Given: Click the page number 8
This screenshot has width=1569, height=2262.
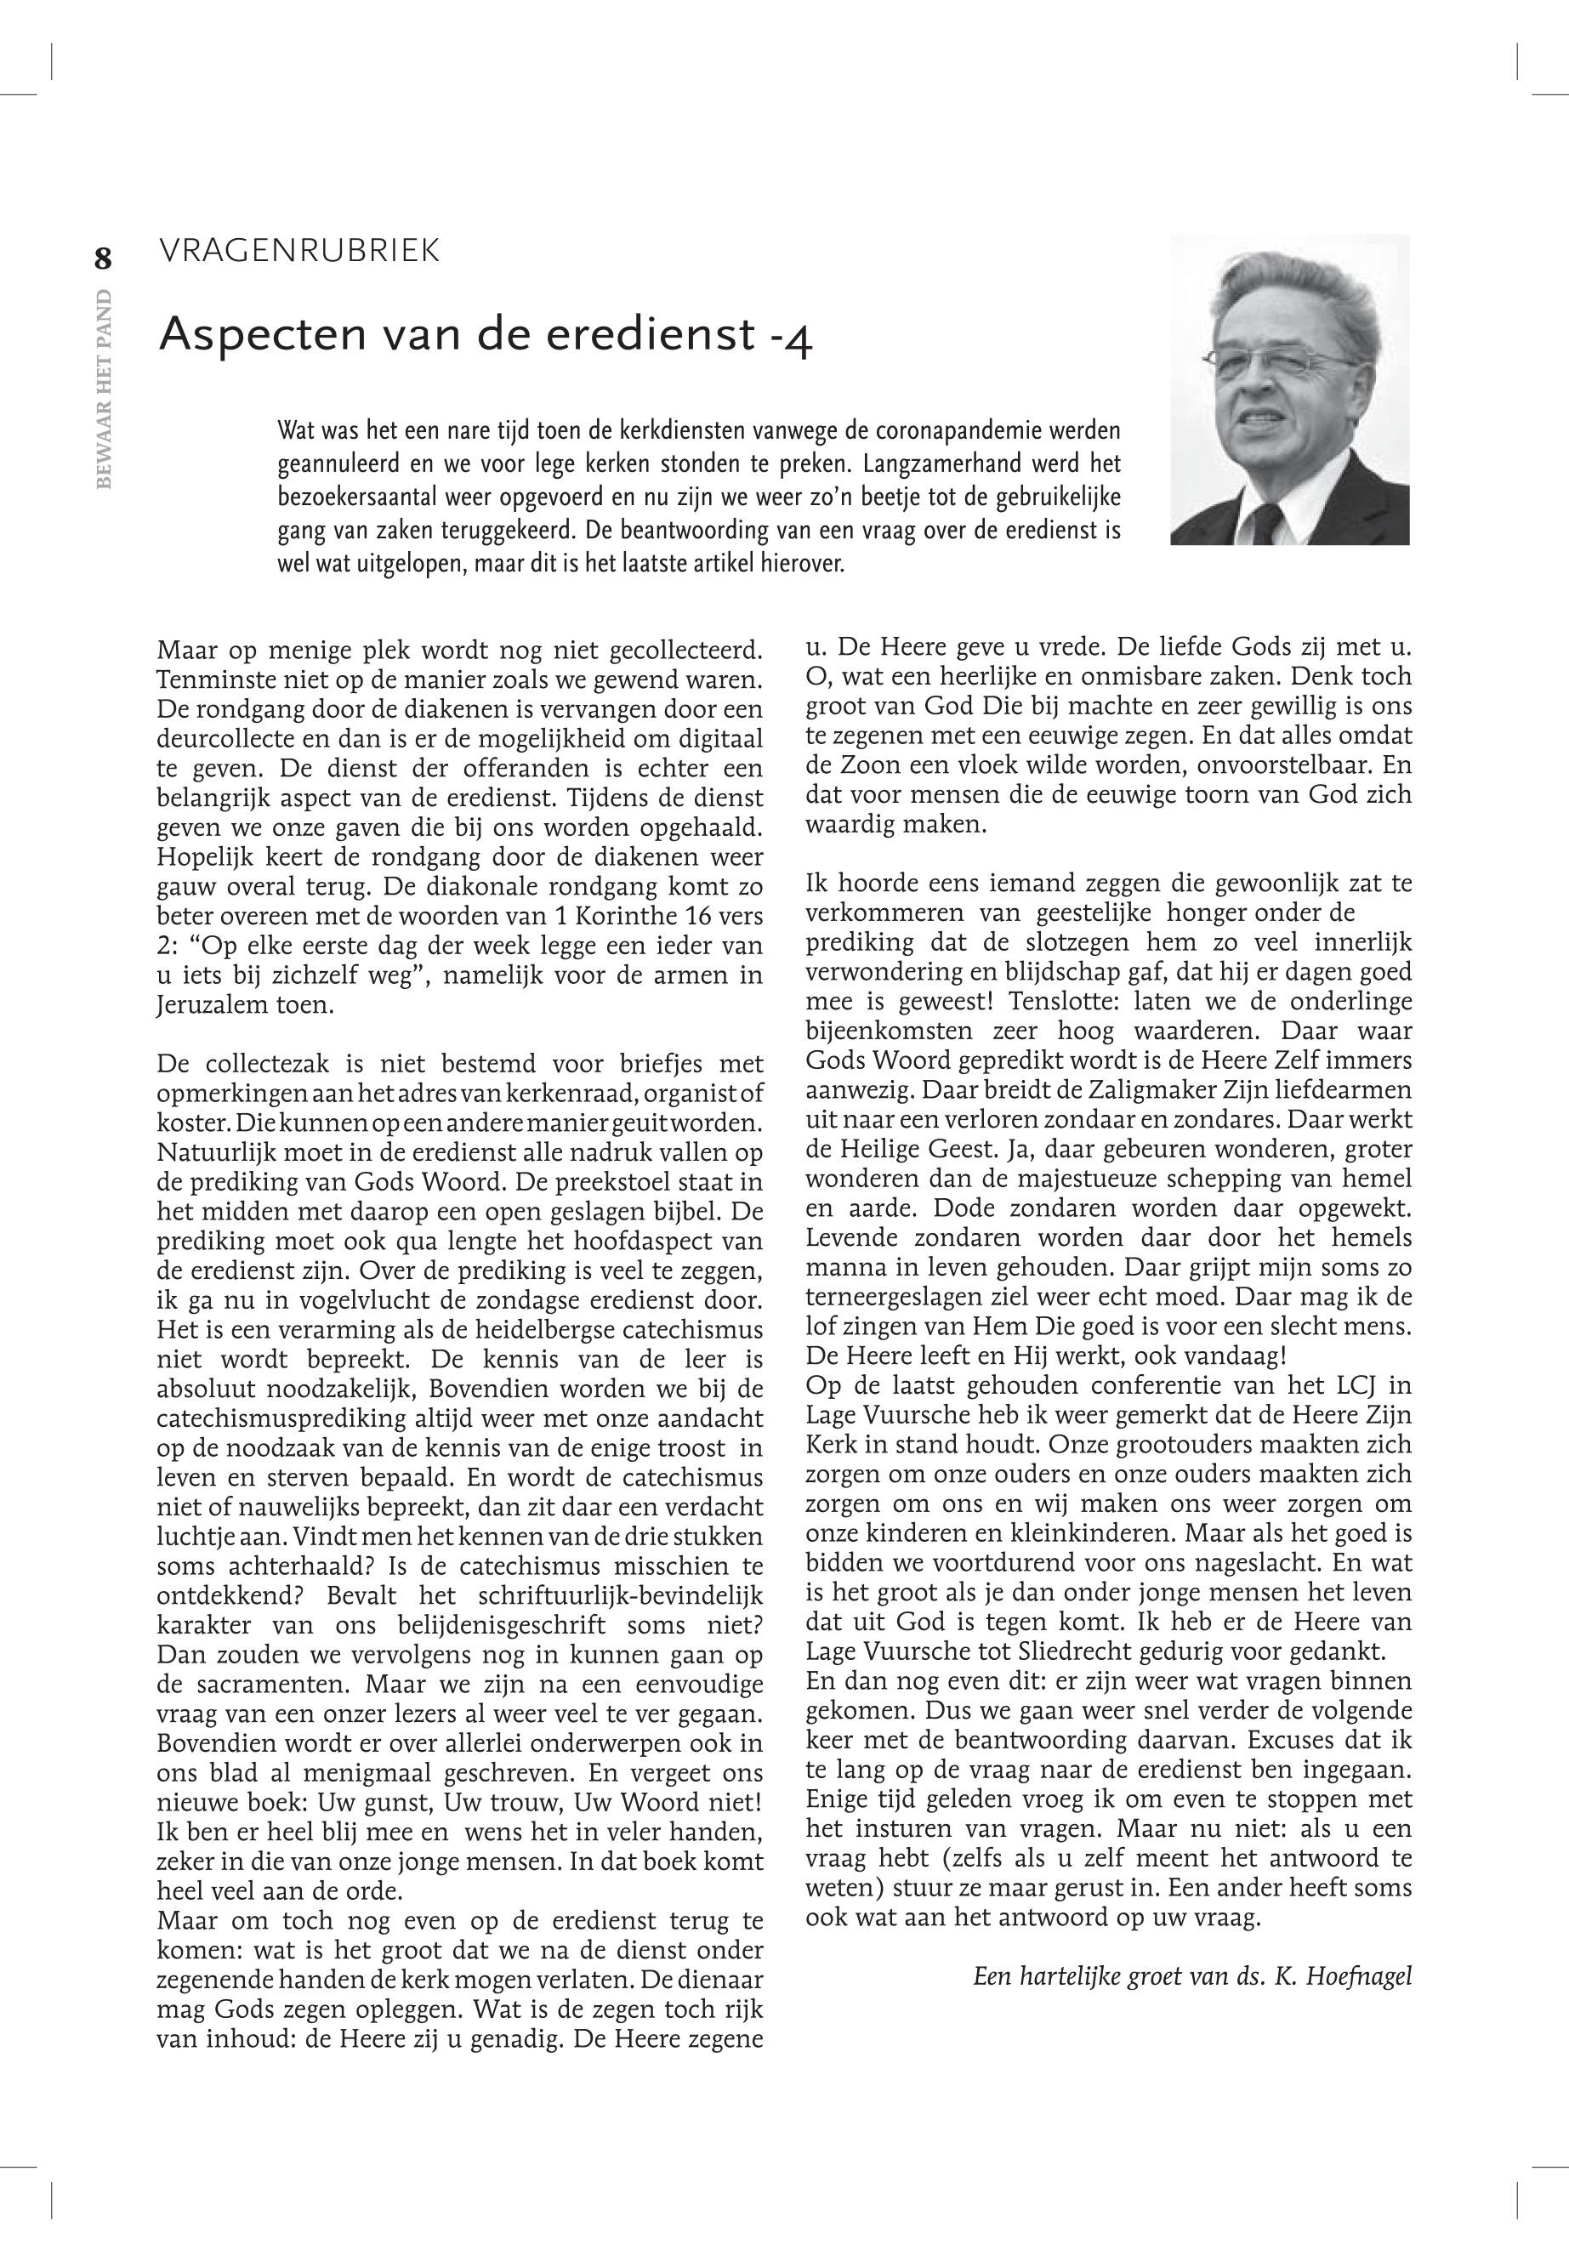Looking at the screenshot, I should pyautogui.click(x=103, y=259).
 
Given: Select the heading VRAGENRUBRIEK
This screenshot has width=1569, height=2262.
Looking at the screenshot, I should pyautogui.click(x=298, y=252).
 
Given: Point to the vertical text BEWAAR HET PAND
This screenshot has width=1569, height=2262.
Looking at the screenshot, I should pyautogui.click(x=105, y=389).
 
